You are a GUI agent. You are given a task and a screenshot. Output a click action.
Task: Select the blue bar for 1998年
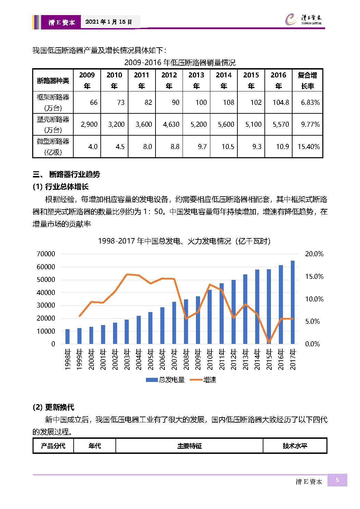[67, 336]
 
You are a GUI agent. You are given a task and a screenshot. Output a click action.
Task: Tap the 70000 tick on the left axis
[46, 254]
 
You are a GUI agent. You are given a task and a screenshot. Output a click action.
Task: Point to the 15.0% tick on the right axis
[314, 276]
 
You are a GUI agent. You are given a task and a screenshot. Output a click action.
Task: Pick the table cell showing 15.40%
[308, 147]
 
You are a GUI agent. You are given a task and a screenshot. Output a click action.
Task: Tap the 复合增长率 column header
[307, 80]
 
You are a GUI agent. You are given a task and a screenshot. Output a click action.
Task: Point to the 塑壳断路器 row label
[53, 124]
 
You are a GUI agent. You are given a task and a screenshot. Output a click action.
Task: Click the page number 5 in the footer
[337, 480]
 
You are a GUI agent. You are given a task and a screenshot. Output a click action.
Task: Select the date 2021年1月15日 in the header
[109, 22]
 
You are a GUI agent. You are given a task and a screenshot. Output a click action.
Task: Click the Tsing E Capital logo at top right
[303, 20]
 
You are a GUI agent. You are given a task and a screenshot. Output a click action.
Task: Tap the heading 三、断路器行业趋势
[66, 174]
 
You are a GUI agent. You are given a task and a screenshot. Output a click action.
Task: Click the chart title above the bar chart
[184, 241]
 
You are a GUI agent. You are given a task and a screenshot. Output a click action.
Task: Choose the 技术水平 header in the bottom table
[295, 446]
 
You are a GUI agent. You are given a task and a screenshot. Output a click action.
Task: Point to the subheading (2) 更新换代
[53, 407]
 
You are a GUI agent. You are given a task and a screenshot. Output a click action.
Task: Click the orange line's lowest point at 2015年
[269, 342]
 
